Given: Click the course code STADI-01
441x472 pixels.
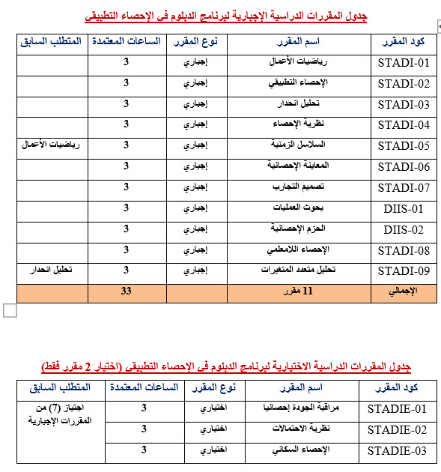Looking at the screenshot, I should point(404,62).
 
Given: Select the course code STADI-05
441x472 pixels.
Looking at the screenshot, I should point(404,145).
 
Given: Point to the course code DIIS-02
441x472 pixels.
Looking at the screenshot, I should point(404,229).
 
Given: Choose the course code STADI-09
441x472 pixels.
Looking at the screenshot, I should point(404,270).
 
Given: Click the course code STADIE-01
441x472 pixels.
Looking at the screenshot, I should point(397,409).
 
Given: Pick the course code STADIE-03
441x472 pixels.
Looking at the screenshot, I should point(397,451).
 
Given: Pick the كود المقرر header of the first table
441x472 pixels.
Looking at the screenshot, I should point(404,40).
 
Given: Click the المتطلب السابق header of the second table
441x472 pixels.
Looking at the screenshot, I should point(59,387).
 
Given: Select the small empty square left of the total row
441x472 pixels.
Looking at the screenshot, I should point(9,310).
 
